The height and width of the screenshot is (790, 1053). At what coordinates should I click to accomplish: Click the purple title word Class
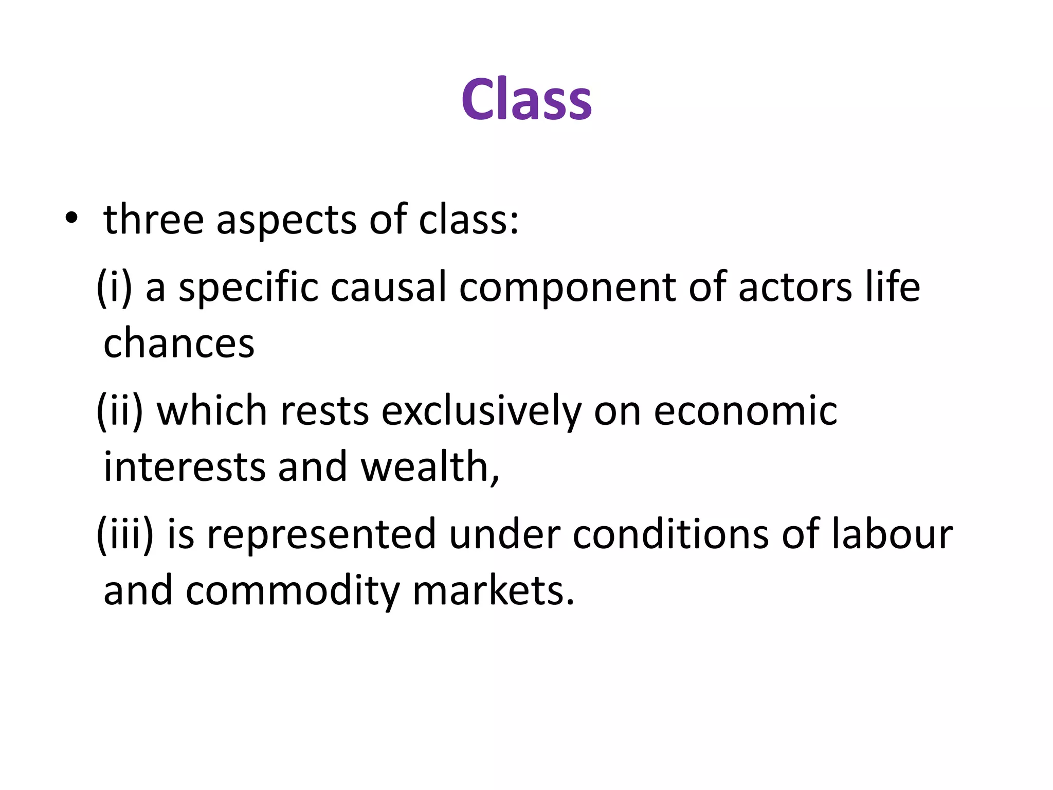tap(526, 99)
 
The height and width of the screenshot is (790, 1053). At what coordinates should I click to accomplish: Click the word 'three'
tap(154, 220)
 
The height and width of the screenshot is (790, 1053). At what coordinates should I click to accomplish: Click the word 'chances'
tap(179, 343)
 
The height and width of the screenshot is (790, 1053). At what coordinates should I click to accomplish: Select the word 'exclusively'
tap(481, 412)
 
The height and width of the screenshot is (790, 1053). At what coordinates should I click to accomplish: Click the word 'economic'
tap(745, 411)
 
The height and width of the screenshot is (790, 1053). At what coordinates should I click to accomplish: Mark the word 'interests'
tap(185, 466)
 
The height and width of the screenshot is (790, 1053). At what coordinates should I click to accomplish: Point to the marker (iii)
tap(125, 534)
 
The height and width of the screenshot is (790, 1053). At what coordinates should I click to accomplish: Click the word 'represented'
tap(321, 535)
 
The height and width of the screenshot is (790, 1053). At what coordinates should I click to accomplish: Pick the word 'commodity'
tap(292, 591)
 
